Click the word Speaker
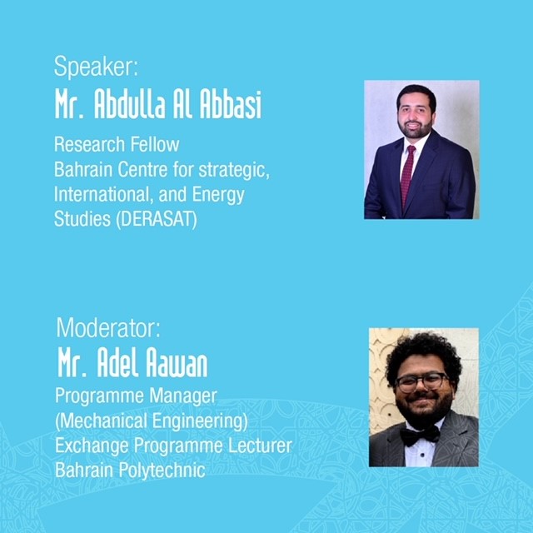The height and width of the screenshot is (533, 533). [94, 67]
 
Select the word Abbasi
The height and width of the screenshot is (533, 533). [231, 104]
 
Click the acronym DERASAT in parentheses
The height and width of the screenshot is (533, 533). [157, 219]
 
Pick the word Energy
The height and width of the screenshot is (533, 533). [218, 195]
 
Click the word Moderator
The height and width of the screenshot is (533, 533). [107, 327]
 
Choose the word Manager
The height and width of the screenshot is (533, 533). [183, 396]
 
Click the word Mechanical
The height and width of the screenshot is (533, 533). [102, 421]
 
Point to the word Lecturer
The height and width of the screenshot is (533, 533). [260, 446]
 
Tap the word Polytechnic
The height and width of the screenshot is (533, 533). [162, 471]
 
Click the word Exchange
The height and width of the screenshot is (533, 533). [92, 446]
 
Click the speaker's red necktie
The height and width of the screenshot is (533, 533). [407, 175]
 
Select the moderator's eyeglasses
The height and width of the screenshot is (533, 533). [421, 382]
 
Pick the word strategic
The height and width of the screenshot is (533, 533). [234, 170]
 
